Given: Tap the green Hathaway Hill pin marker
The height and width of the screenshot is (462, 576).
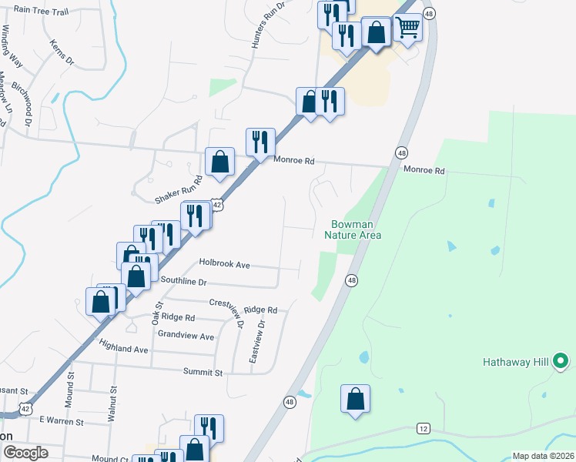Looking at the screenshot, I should tap(561, 360).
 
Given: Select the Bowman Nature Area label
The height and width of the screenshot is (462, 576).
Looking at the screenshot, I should tap(353, 229).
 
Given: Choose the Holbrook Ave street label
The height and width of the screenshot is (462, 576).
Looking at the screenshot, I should tap(225, 264).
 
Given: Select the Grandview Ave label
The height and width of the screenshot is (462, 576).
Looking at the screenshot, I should tap(186, 336).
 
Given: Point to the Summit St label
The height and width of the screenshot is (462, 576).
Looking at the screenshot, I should tap(203, 372).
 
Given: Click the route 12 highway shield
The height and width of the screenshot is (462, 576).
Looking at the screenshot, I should tap(423, 427).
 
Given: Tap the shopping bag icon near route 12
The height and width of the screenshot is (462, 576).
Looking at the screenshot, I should tap(355, 399).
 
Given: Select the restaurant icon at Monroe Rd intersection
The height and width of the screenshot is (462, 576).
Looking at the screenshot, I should tap(260, 142).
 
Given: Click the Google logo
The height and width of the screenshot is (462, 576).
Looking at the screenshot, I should tap(26, 453).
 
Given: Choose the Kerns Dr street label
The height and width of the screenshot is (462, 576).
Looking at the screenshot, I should tap(62, 52).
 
